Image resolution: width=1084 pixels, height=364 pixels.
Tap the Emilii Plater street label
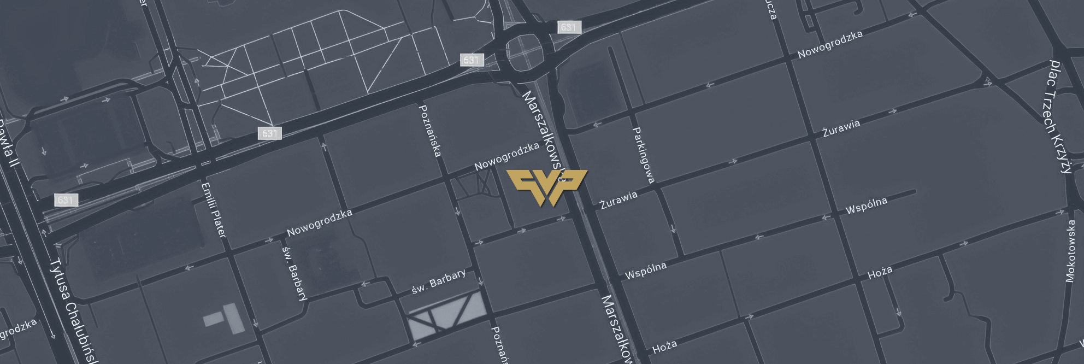click(x=214, y=210)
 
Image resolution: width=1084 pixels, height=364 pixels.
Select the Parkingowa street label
click(x=643, y=155)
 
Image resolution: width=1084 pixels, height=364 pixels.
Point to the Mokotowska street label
click(x=1070, y=251)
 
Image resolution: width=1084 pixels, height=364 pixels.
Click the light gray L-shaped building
click(x=226, y=318)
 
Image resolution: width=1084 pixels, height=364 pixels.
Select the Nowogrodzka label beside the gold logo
click(x=506, y=156)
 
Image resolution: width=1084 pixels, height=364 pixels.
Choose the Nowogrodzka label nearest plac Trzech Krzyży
click(x=830, y=44)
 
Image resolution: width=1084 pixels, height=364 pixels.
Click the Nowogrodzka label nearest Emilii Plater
click(x=320, y=223)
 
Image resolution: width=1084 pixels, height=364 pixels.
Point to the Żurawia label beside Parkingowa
click(x=618, y=200)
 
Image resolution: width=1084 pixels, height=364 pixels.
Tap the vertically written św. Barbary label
click(x=295, y=273)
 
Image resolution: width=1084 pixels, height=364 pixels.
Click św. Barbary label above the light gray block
click(x=439, y=281)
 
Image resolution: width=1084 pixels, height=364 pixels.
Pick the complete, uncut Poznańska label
click(x=429, y=131)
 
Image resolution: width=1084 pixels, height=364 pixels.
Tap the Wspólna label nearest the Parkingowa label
click(x=646, y=270)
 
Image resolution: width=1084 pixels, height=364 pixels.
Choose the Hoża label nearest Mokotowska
click(x=880, y=272)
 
